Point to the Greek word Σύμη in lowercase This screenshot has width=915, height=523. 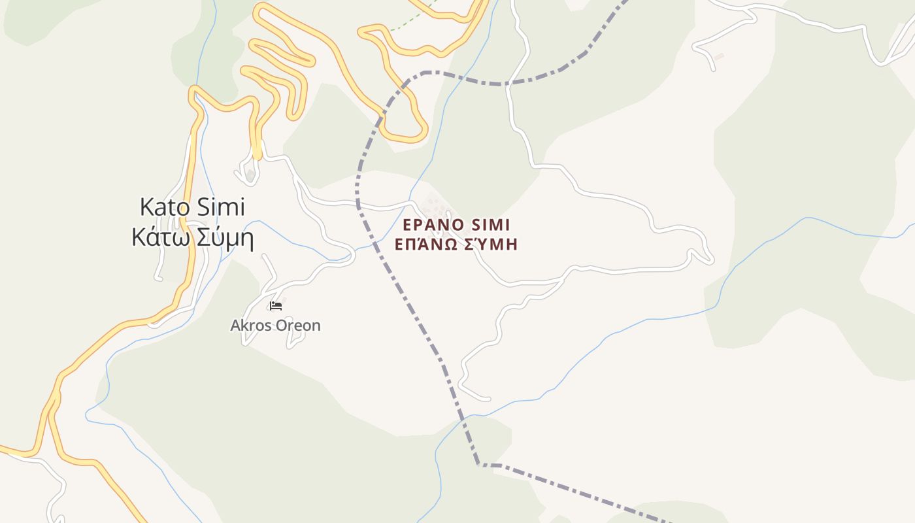click(223, 238)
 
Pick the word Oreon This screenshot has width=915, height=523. click(299, 325)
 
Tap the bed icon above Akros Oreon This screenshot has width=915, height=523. click(276, 305)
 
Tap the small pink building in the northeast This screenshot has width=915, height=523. click(719, 57)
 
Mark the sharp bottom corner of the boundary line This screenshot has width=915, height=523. click(479, 464)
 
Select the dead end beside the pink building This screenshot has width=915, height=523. click(712, 68)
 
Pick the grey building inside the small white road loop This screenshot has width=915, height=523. click(250, 175)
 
